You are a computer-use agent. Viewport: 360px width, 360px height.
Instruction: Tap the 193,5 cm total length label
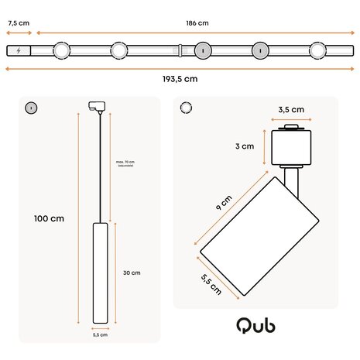[x=180, y=78]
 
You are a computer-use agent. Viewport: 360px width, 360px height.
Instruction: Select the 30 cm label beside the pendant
[x=131, y=273]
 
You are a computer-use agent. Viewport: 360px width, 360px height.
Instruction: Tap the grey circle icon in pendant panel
[x=31, y=107]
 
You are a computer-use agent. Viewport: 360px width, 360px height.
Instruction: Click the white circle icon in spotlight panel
[x=186, y=107]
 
